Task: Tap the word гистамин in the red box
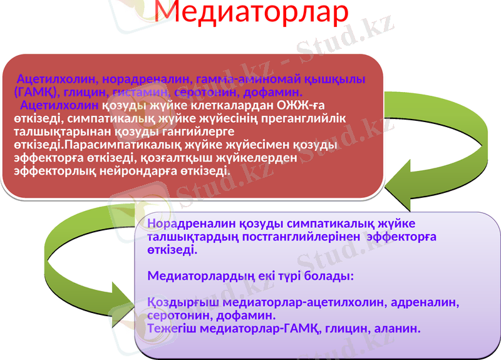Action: (141, 92)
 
